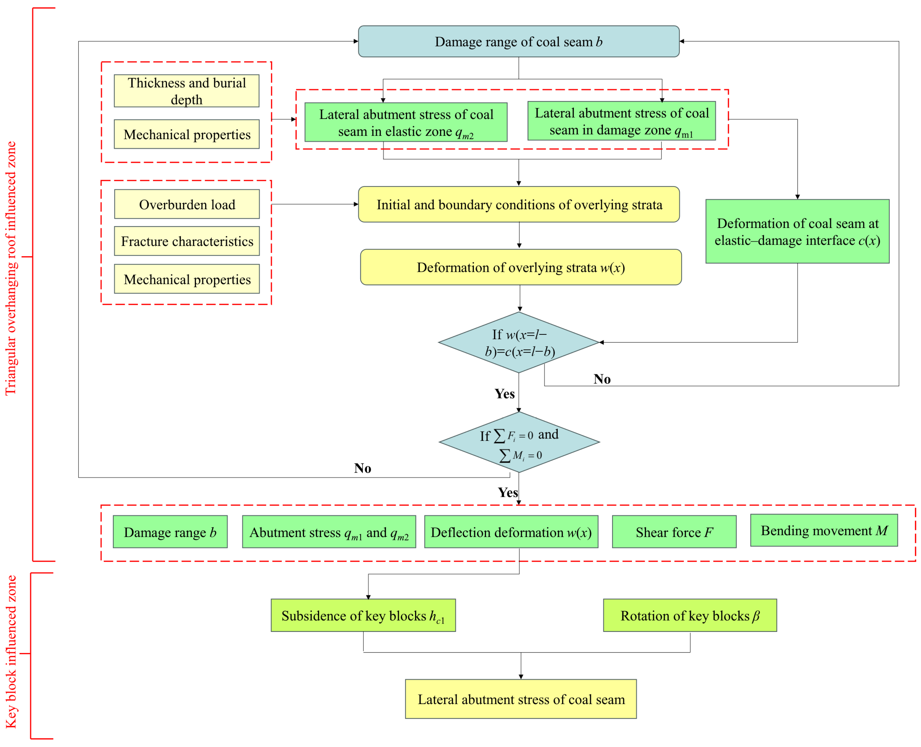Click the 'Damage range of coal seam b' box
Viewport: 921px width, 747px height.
[519, 41]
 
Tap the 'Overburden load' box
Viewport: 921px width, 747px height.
[187, 204]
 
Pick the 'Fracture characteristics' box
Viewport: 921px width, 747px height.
[187, 241]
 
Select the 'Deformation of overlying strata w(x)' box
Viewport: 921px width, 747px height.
[521, 267]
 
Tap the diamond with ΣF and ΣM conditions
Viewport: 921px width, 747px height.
[519, 442]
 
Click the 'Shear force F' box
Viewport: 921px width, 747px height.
[674, 532]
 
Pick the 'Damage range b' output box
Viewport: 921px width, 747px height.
[170, 532]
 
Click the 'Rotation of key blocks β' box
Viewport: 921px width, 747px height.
[690, 615]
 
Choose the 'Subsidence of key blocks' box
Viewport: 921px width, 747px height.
[363, 615]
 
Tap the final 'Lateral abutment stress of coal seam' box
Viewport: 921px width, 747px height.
[521, 699]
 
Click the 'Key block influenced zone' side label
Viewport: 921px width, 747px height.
[11, 652]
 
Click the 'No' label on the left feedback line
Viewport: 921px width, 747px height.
[362, 468]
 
